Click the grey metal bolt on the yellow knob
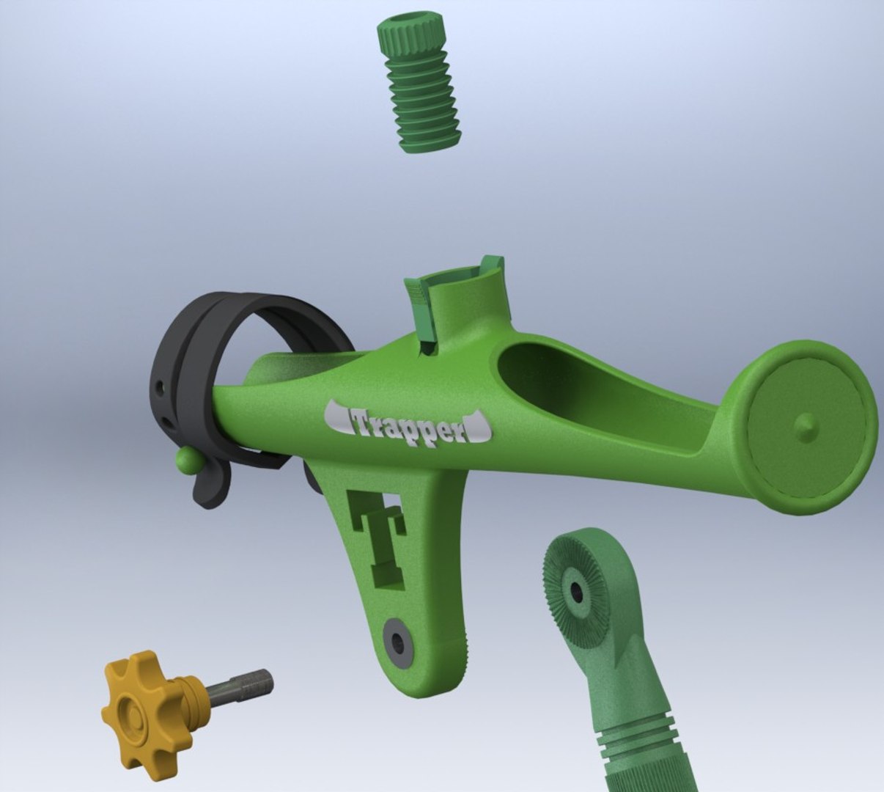coord(242,686)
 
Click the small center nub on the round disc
coord(805,426)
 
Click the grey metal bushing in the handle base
coord(398,642)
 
